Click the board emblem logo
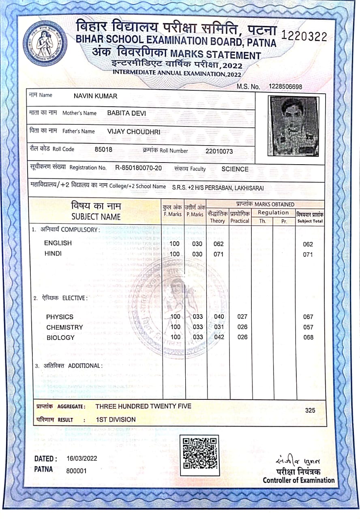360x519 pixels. (x=45, y=43)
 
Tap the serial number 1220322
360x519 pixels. (x=304, y=36)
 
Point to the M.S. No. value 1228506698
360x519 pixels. (x=285, y=87)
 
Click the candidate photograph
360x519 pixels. (x=294, y=126)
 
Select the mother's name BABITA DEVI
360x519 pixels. (x=126, y=113)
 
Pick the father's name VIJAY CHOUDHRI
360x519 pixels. (x=134, y=131)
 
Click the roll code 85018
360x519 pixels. (x=103, y=150)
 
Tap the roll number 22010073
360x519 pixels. (x=219, y=151)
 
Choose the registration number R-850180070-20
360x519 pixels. (x=139, y=168)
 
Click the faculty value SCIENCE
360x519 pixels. (x=235, y=169)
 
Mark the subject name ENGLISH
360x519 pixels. (x=58, y=243)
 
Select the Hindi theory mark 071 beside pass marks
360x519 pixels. (x=219, y=254)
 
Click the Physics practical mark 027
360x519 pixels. (x=242, y=317)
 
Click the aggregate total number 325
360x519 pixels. (x=310, y=410)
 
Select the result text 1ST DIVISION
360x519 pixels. (x=116, y=420)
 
